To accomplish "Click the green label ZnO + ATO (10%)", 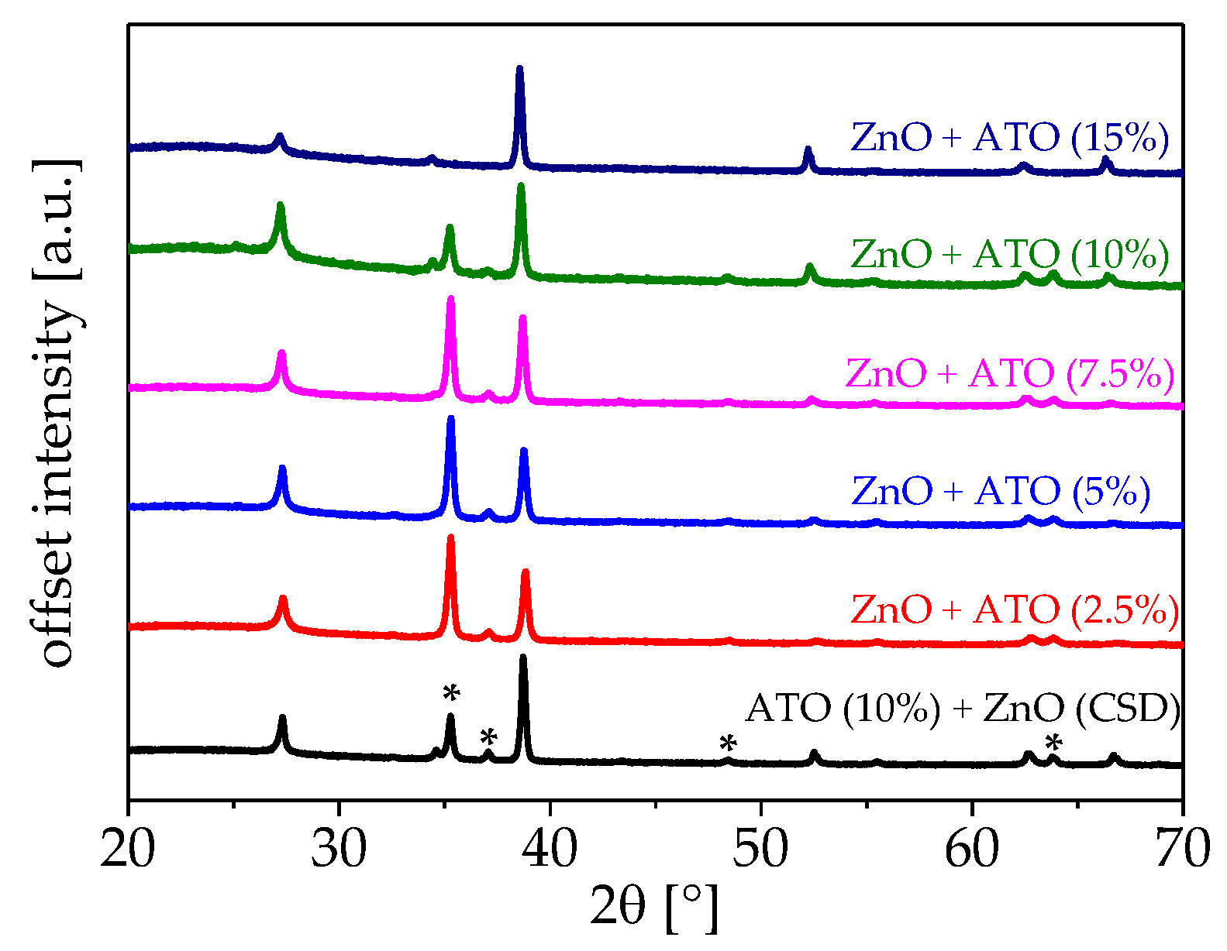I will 1009,254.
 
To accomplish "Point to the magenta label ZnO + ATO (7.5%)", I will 1009,374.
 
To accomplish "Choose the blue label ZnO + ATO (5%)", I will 1001,491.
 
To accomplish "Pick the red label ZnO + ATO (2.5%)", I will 1014,610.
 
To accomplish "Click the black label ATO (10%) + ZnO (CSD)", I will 963,709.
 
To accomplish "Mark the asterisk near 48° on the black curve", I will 727,744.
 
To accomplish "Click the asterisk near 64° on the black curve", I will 1053,743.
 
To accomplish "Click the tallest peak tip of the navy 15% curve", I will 519,70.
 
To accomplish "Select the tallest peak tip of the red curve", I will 450,537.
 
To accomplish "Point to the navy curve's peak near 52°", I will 808,149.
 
